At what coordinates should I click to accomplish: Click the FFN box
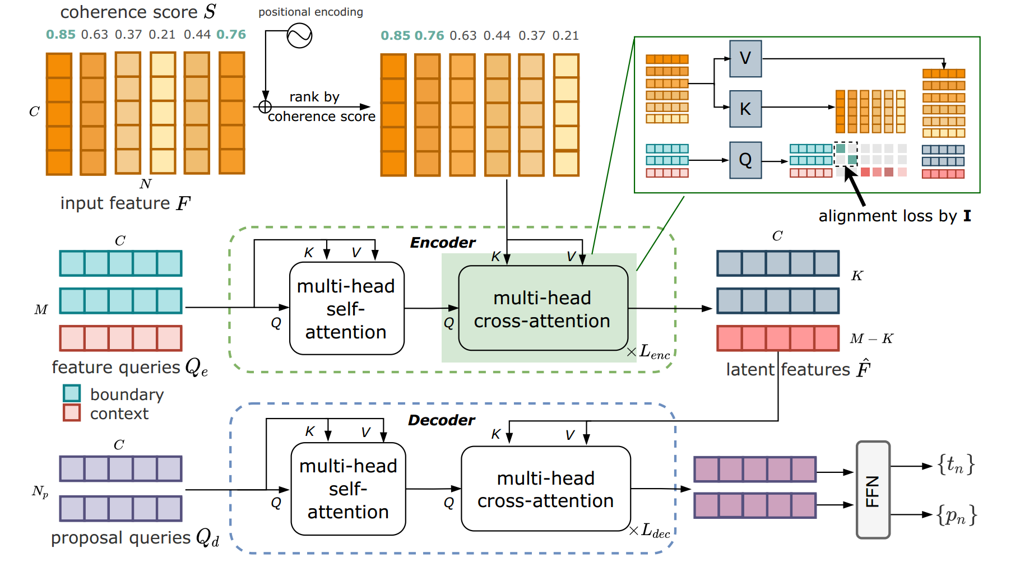tap(873, 490)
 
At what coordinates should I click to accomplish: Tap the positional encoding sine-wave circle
tap(299, 36)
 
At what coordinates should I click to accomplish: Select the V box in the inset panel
tap(745, 58)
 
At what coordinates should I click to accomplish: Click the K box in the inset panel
tap(745, 109)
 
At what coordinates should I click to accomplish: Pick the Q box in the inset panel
tap(745, 160)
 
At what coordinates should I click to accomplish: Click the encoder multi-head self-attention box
tap(346, 309)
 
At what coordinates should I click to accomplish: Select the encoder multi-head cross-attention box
tap(543, 309)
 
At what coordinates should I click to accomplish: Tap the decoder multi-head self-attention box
tap(348, 489)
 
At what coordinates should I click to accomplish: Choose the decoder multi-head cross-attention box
tap(545, 489)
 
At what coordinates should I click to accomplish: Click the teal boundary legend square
tap(72, 393)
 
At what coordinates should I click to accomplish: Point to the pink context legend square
tap(72, 413)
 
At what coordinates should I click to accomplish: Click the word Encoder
tap(442, 243)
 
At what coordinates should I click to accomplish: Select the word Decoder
tap(441, 420)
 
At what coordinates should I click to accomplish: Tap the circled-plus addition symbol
tap(265, 106)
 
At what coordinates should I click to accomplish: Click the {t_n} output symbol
tap(956, 464)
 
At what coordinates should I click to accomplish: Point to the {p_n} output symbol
tap(957, 515)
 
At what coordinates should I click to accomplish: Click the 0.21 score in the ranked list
tap(565, 36)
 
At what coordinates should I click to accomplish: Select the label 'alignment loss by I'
tap(894, 216)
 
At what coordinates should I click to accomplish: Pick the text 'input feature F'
tap(125, 203)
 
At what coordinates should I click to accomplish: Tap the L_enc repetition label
tap(653, 352)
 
